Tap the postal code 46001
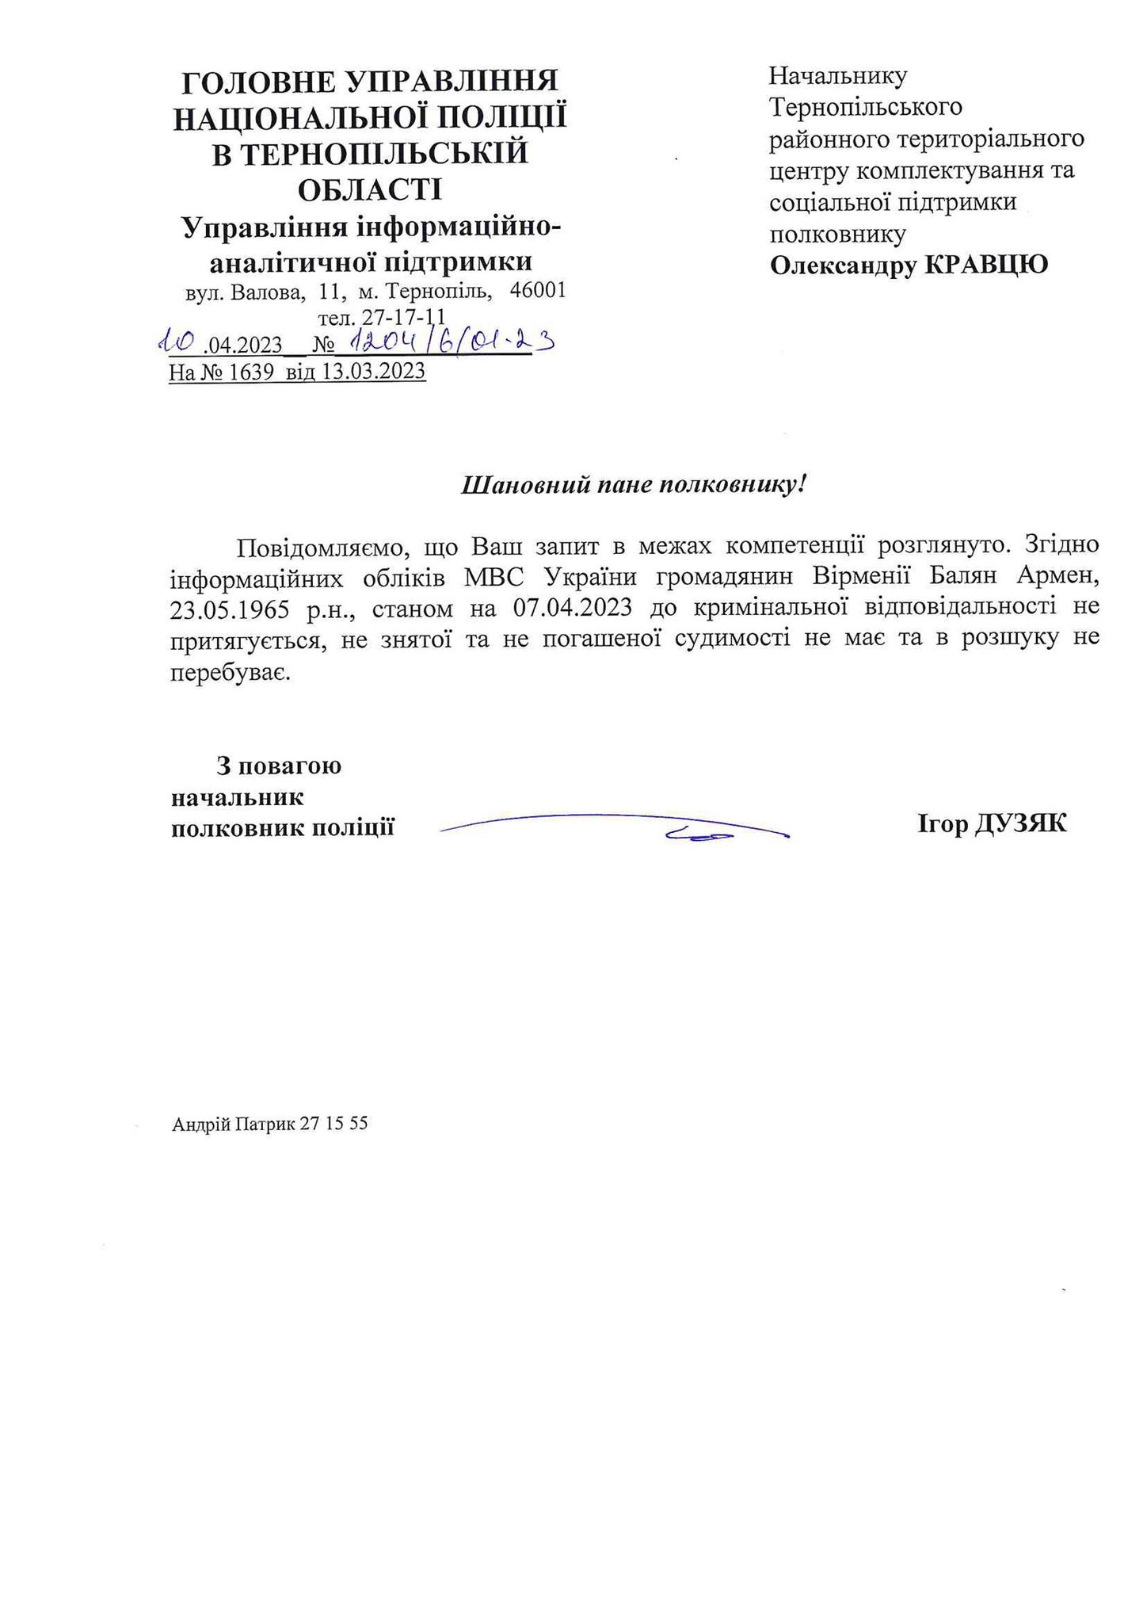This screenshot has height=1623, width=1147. tap(538, 291)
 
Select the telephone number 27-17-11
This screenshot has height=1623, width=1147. tap(391, 317)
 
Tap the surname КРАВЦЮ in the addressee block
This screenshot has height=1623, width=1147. tap(986, 265)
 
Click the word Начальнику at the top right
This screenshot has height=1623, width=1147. tap(838, 76)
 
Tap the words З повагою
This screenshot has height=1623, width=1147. tap(279, 766)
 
